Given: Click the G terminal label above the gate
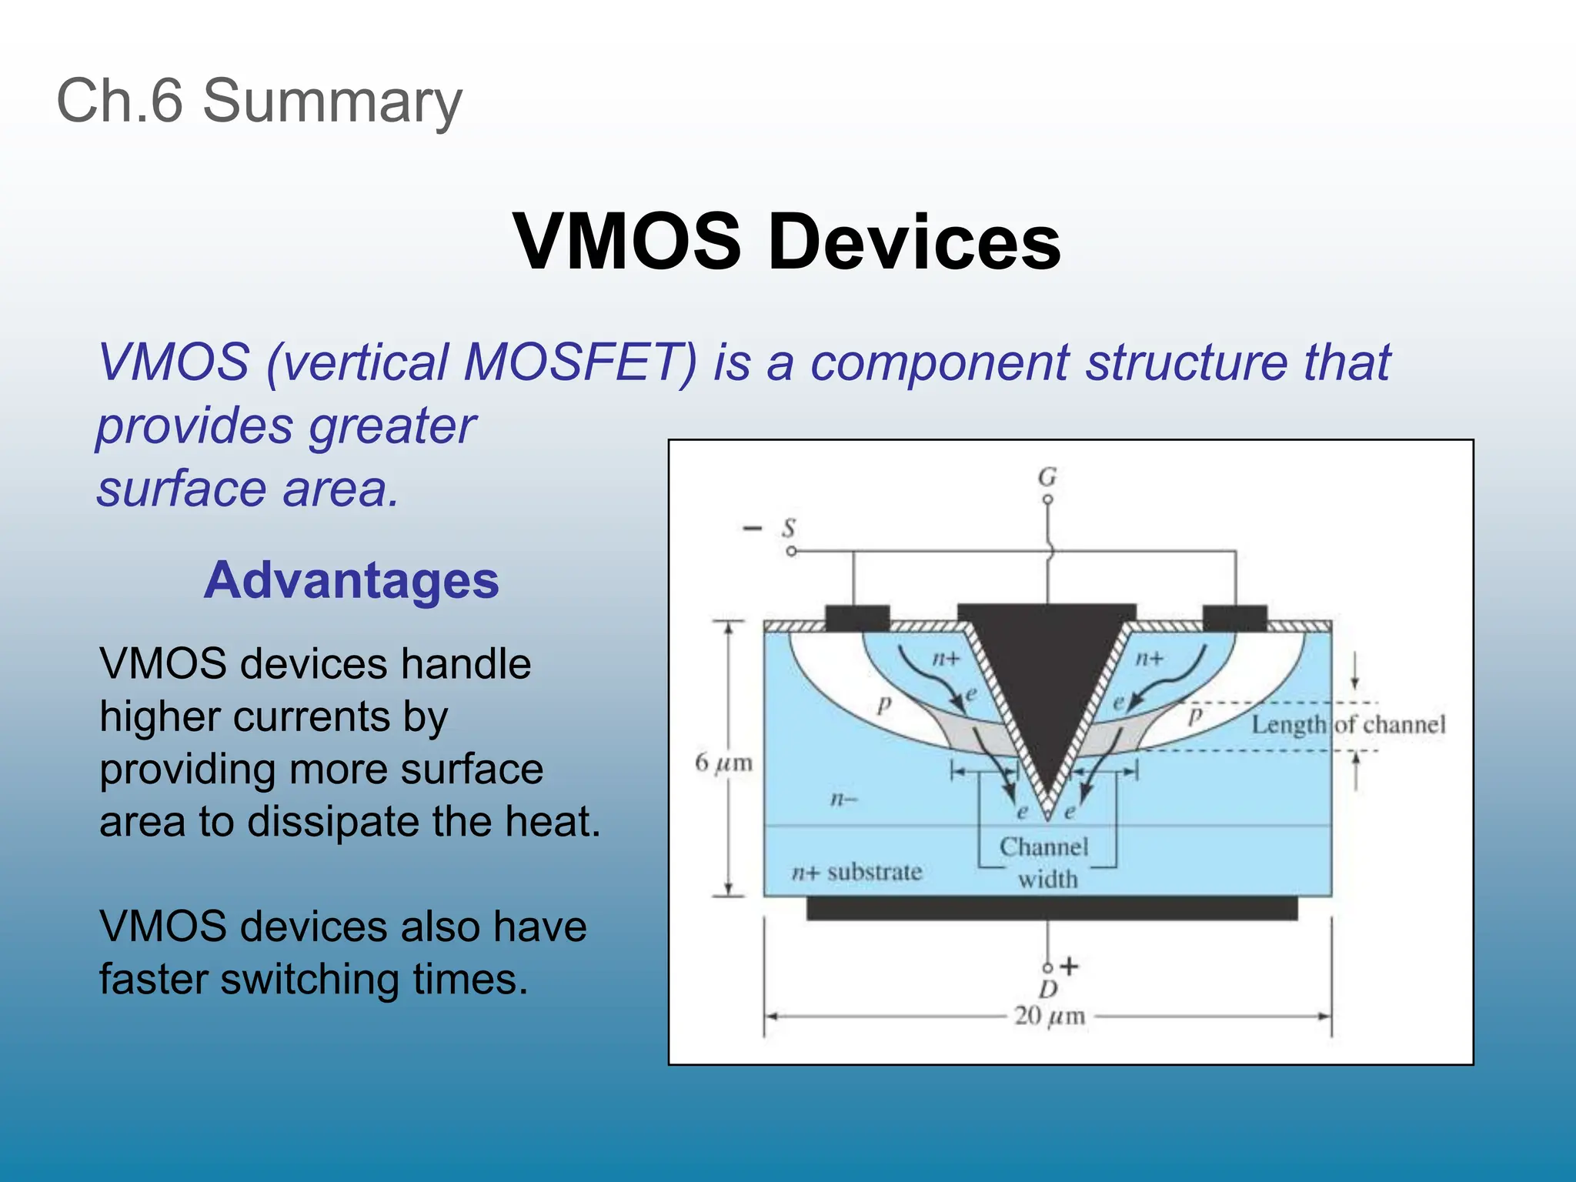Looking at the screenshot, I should (x=1047, y=477).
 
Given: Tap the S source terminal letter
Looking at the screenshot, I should (x=789, y=529).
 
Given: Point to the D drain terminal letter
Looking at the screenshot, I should (x=1048, y=989).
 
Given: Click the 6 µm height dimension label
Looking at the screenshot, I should (x=723, y=763).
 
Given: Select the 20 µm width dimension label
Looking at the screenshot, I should (x=1050, y=1016).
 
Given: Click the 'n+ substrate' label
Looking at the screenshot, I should (x=856, y=872).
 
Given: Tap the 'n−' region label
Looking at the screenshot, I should (x=843, y=800).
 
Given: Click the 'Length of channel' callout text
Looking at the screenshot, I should (x=1348, y=724).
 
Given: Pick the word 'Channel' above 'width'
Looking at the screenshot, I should (x=1043, y=846).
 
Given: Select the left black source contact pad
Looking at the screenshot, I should (x=856, y=618).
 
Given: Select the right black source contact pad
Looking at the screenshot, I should (x=1234, y=618).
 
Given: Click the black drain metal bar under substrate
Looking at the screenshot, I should (x=1051, y=909).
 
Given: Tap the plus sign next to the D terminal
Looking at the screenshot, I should (x=1070, y=966).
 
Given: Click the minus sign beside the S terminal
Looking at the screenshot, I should (x=751, y=528).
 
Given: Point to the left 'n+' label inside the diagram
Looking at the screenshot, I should (x=946, y=659).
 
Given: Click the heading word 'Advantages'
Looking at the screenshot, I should (x=352, y=580).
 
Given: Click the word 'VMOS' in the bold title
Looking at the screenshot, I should (x=626, y=242).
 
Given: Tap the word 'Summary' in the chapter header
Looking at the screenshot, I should (x=332, y=101).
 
